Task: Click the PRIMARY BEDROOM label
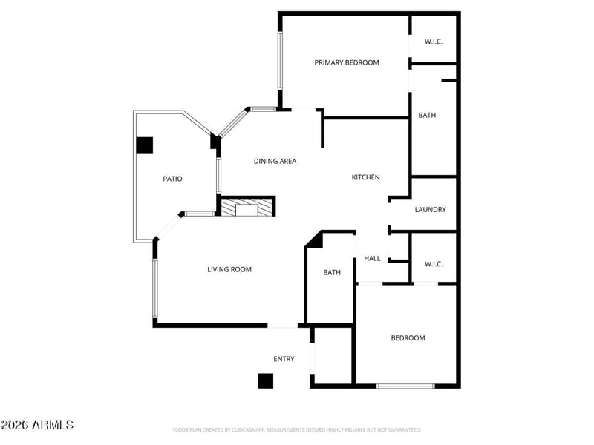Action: [x=346, y=63]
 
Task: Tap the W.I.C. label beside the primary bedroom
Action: [x=434, y=42]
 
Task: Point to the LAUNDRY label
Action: [x=431, y=210]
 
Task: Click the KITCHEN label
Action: [x=365, y=177]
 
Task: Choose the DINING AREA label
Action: [x=275, y=161]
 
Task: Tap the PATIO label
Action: [x=172, y=179]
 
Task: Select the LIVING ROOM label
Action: [x=229, y=270]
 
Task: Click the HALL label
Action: [x=372, y=259]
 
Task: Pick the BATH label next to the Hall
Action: [x=331, y=273]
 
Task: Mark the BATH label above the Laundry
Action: [x=427, y=116]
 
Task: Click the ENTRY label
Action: [x=284, y=359]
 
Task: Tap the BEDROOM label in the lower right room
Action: [x=408, y=338]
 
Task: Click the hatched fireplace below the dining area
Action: [x=247, y=207]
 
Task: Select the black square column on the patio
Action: [x=144, y=145]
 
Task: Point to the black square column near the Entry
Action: [x=266, y=380]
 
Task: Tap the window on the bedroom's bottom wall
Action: [x=405, y=386]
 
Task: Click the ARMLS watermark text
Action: [x=37, y=425]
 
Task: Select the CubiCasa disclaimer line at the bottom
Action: [x=296, y=429]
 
